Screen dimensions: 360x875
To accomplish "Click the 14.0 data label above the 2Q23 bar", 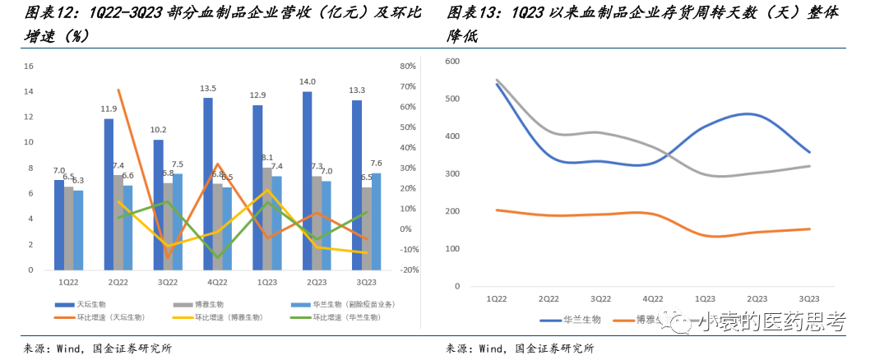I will tap(308, 82).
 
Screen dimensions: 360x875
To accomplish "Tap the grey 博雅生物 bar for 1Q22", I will tap(69, 228).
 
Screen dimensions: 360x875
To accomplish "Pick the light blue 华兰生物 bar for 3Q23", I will tap(376, 221).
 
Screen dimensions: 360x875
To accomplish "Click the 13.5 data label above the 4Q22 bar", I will tap(208, 89).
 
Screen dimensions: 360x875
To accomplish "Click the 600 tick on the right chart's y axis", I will tap(451, 62).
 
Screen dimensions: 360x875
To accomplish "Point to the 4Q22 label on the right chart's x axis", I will tap(652, 299).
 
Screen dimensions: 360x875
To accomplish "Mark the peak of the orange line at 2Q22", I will tap(118, 90).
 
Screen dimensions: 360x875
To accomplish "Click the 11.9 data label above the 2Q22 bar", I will tap(109, 108).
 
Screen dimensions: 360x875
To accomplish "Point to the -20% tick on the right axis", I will tap(409, 270).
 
